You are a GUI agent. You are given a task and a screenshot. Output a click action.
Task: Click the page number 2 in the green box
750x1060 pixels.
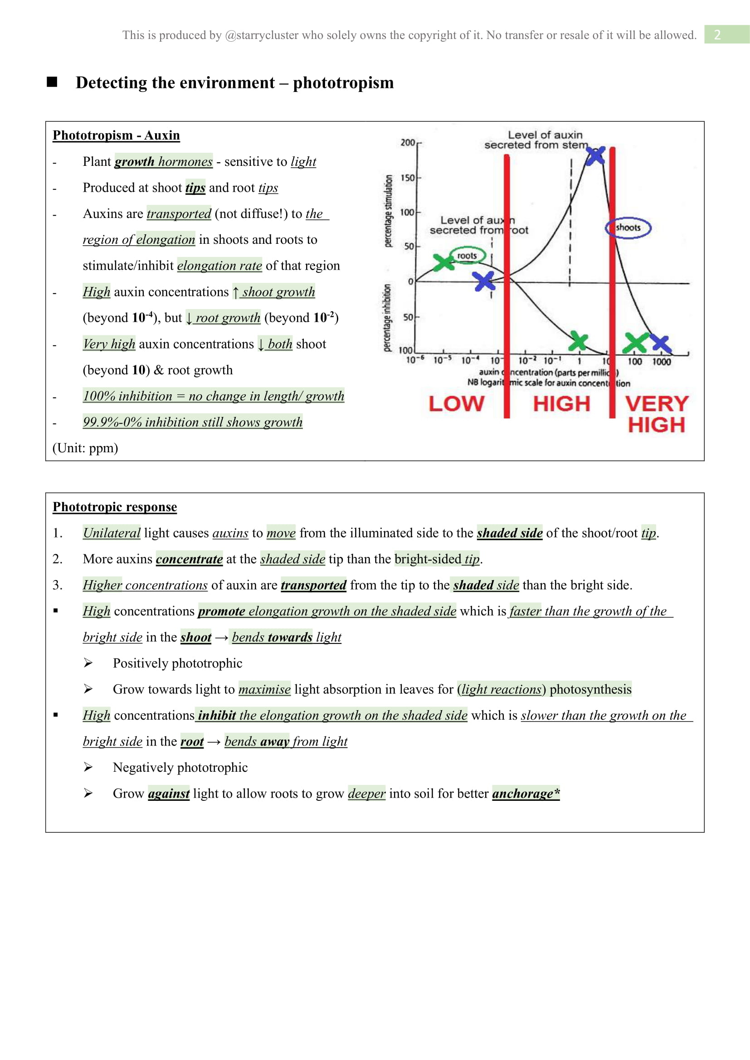point(717,34)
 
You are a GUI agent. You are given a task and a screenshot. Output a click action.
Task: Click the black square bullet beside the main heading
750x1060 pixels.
point(52,82)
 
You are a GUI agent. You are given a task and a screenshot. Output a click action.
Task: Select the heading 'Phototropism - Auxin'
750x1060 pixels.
point(116,135)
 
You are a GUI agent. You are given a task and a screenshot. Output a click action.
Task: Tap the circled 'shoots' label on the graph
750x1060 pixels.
point(628,227)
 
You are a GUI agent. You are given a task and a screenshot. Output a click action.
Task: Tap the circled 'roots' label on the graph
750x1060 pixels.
point(467,256)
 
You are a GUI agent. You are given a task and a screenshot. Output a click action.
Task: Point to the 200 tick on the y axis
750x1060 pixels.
point(408,143)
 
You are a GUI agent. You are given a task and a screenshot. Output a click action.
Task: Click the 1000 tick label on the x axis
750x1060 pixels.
point(661,362)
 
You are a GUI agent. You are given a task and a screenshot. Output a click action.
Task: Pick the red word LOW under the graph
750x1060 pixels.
point(456,404)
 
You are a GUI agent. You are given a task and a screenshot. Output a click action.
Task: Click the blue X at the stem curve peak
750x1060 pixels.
point(595,155)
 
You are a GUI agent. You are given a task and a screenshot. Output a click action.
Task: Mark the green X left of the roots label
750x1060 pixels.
point(444,262)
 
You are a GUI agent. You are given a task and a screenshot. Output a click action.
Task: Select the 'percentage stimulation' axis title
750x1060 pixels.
point(389,211)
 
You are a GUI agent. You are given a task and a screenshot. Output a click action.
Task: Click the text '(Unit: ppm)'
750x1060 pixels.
point(85,448)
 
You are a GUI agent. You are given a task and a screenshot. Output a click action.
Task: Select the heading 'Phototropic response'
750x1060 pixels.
point(115,507)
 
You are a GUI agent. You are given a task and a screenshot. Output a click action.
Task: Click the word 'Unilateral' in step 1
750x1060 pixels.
point(111,533)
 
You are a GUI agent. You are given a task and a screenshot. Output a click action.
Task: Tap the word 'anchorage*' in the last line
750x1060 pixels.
point(526,793)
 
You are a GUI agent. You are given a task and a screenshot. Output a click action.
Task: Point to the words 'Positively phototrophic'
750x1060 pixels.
point(177,663)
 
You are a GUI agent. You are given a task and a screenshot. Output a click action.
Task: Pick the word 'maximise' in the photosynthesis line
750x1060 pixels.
point(264,689)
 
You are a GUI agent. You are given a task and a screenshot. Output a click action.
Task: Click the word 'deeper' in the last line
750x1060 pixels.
point(366,793)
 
